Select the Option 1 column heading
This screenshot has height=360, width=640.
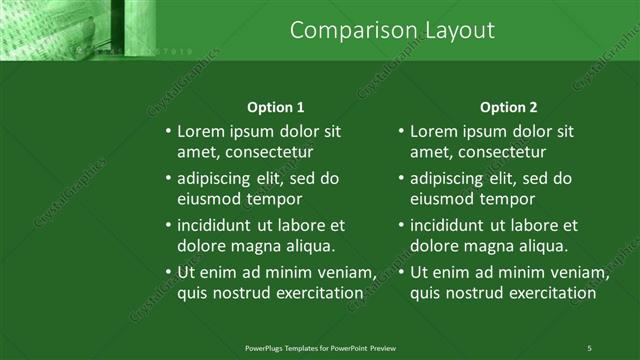coord(275,107)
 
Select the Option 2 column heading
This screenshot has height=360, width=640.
coord(508,107)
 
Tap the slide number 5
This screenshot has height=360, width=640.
coord(590,348)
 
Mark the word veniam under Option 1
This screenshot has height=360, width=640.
coord(344,272)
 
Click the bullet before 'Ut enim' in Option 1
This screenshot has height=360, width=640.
coord(167,272)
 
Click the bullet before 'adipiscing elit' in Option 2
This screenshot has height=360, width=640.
coord(400,179)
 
